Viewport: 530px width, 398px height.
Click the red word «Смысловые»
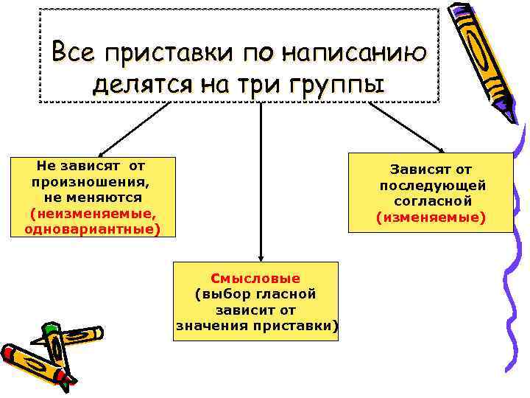tap(255, 278)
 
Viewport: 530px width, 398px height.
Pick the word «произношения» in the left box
tap(91, 181)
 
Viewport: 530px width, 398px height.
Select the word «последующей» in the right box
tap(432, 184)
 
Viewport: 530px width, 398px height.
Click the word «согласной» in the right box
tap(432, 200)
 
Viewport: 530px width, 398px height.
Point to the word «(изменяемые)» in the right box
tap(431, 217)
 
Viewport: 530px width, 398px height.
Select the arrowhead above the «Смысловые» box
tap(259, 256)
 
